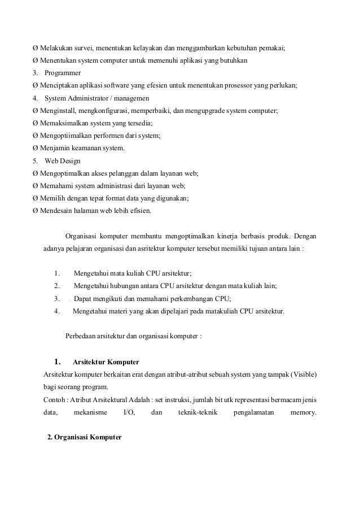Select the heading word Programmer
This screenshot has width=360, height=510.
(x=63, y=73)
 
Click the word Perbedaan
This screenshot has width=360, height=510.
(x=83, y=337)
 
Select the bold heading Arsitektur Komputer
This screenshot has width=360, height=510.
(x=106, y=361)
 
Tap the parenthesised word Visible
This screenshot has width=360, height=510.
(x=304, y=375)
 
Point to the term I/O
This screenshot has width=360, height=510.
(x=129, y=412)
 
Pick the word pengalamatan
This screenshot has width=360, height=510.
(x=253, y=412)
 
